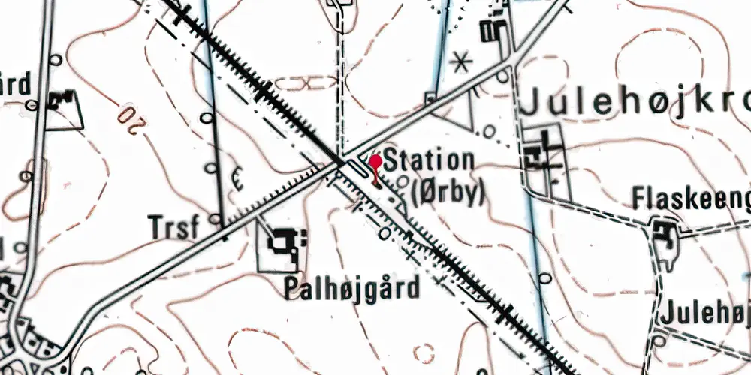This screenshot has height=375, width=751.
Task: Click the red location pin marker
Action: [375, 163]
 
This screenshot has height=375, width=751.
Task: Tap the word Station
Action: [429, 161]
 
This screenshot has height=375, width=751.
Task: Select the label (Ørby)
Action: [448, 192]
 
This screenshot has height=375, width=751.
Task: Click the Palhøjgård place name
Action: [351, 289]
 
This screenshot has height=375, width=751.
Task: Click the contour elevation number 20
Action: [130, 121]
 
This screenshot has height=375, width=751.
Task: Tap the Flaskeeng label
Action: [690, 199]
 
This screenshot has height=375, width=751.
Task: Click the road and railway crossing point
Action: [340, 161]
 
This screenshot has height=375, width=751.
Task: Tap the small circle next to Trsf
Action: [216, 220]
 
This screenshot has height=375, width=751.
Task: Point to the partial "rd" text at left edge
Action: [15, 84]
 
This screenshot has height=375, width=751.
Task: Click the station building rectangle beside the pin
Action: [359, 173]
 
